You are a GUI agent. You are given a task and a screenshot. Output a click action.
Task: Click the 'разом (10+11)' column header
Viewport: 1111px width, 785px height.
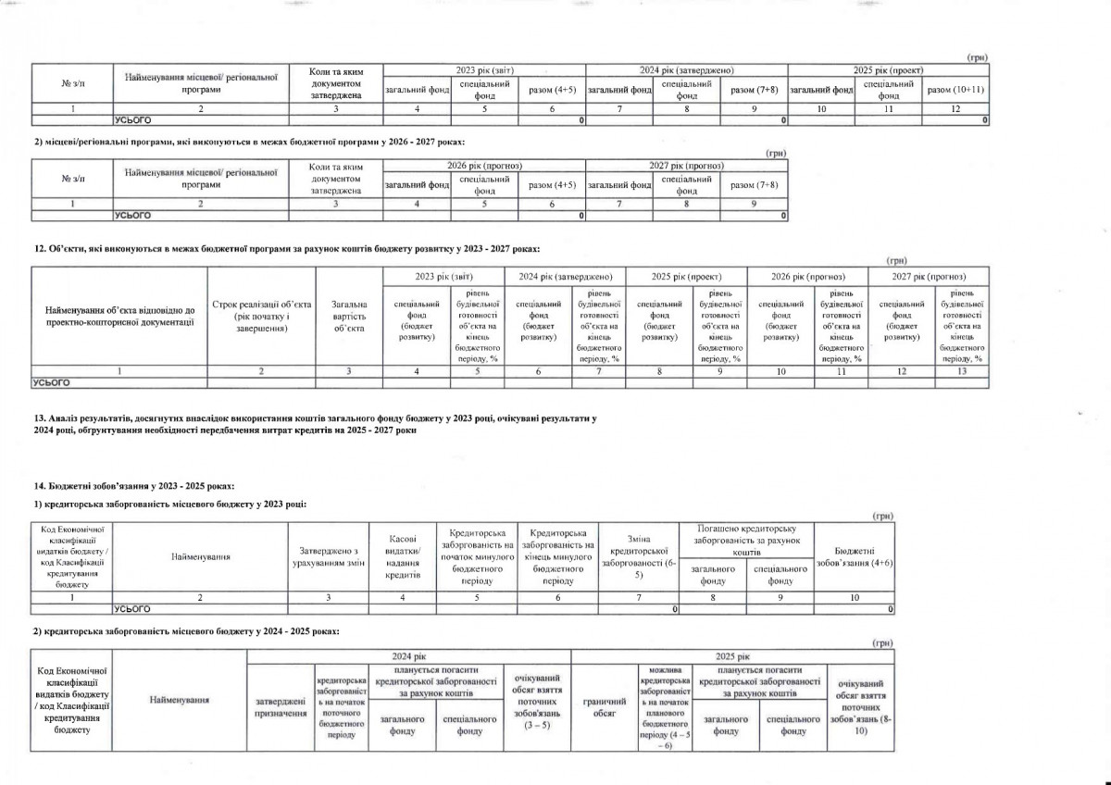[x=955, y=90]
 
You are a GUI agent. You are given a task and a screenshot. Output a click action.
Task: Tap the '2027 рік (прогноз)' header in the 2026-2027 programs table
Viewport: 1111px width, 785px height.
[x=686, y=165]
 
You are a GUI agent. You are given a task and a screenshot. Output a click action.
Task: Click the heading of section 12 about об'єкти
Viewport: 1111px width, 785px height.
[x=286, y=249]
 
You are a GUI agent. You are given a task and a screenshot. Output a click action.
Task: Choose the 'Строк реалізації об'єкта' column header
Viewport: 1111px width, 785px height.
[x=262, y=316]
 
